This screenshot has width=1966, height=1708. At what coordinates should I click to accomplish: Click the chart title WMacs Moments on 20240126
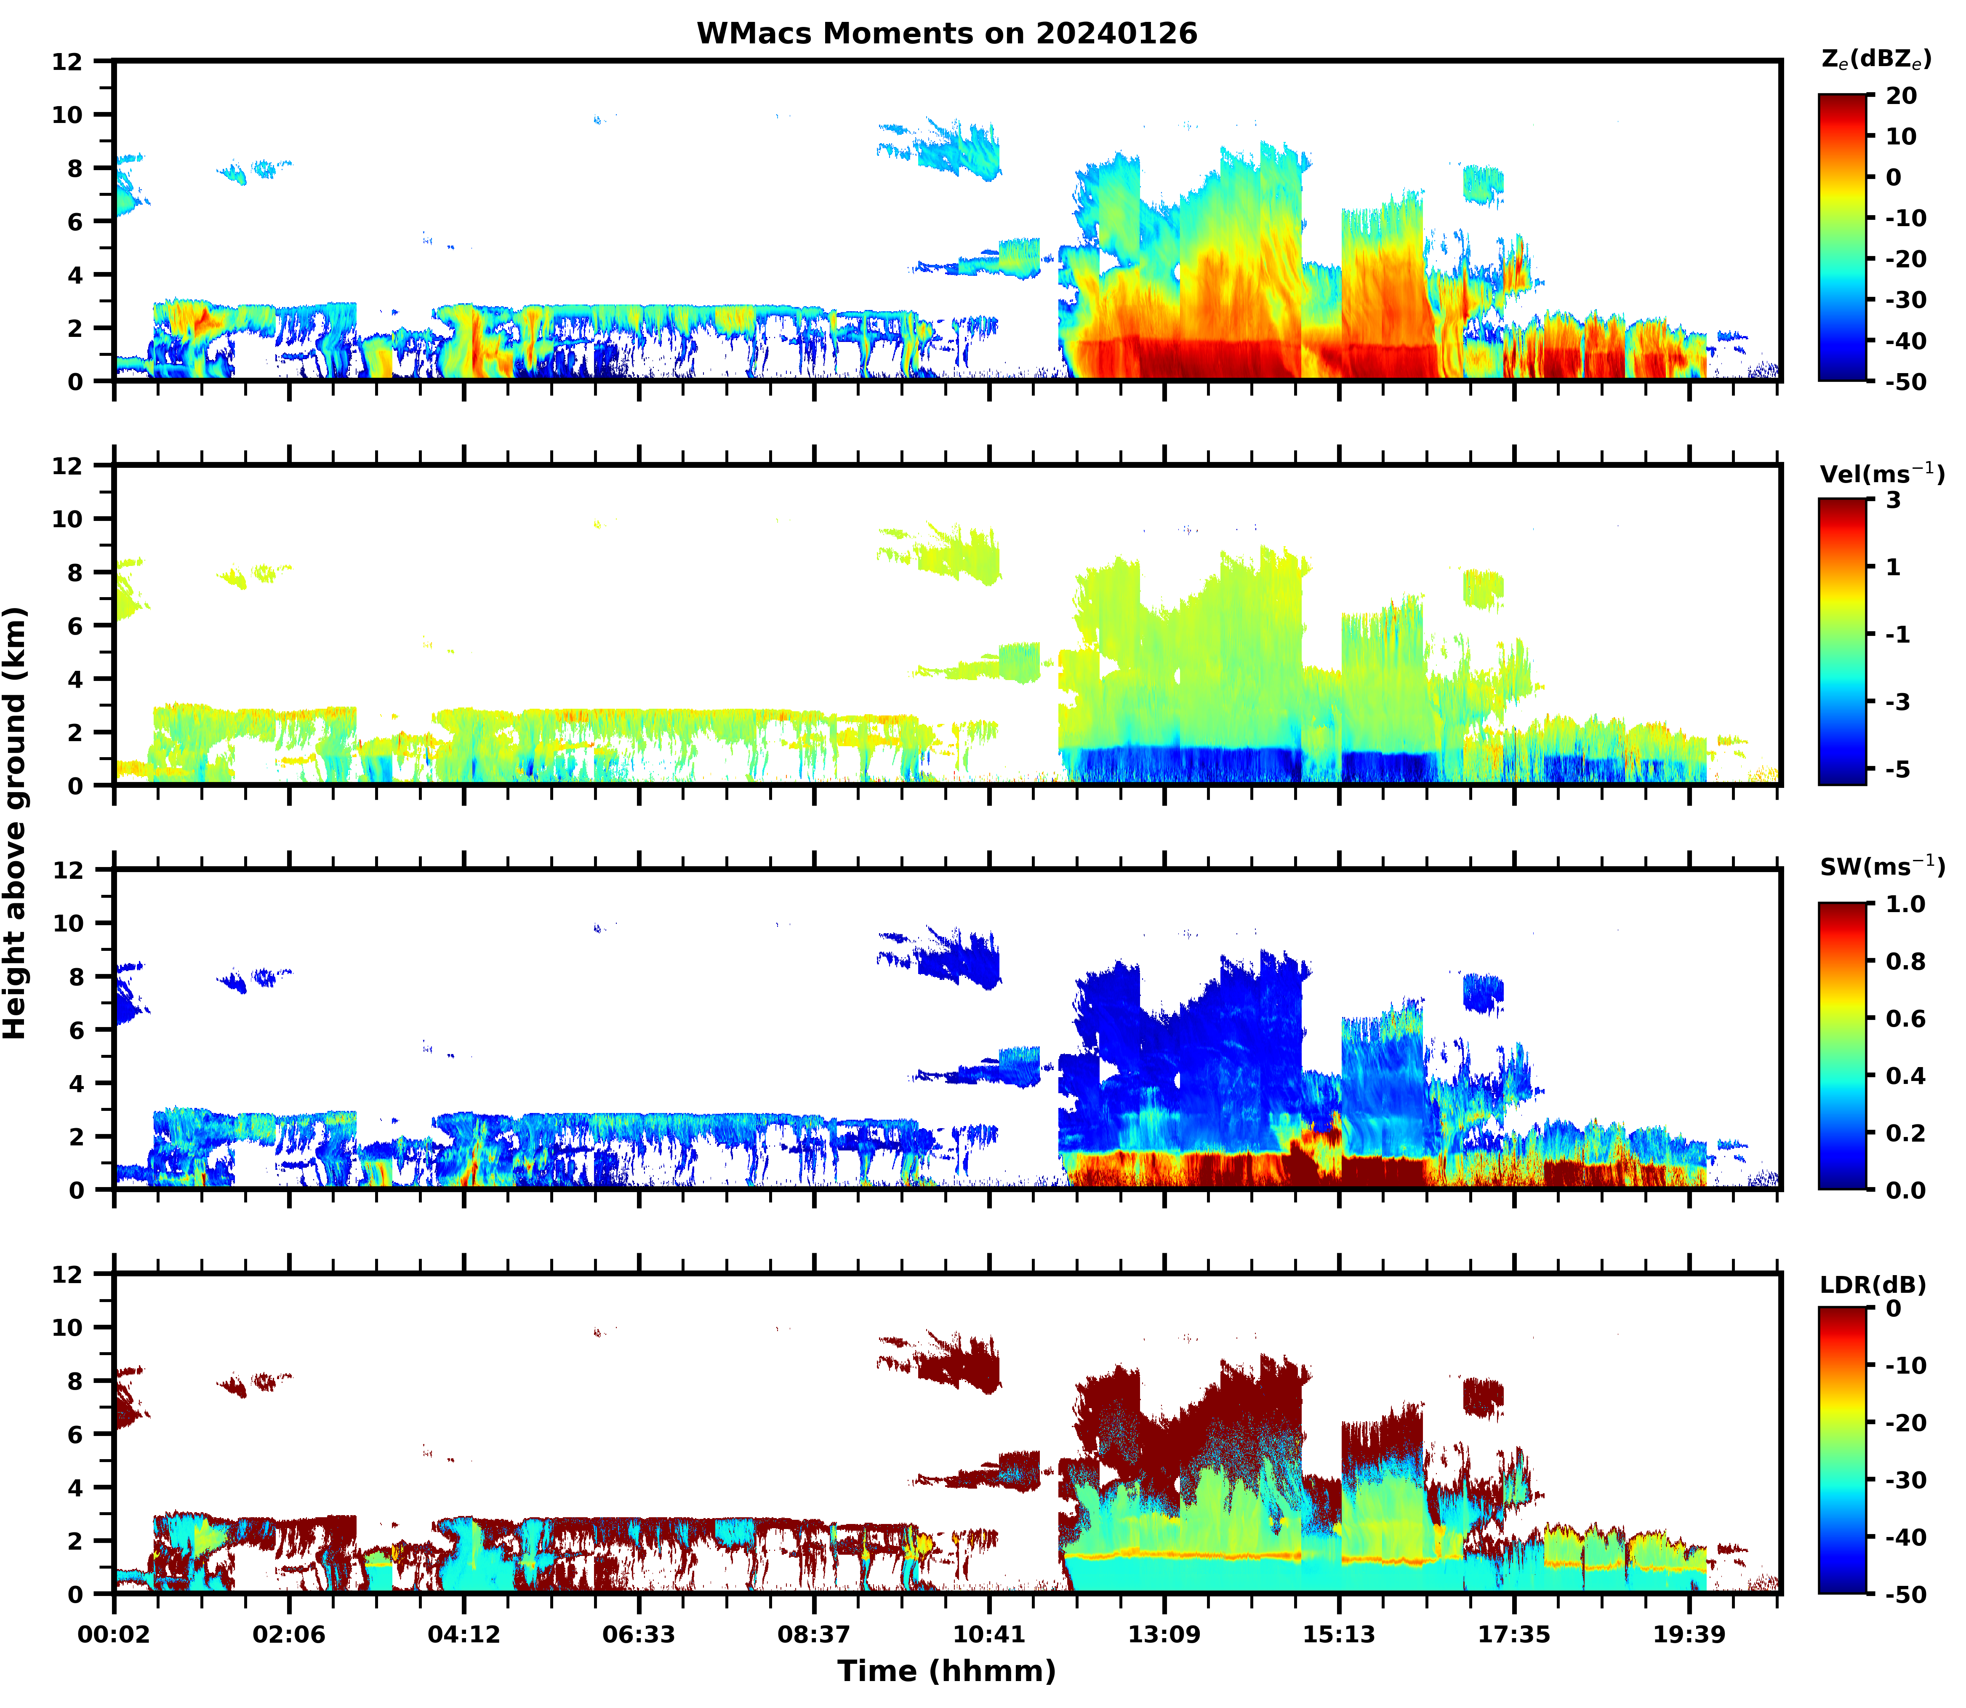(x=946, y=33)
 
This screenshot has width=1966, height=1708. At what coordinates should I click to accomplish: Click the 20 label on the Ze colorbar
(x=1901, y=96)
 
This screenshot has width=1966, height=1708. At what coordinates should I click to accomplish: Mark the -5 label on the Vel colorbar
(x=1897, y=769)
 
